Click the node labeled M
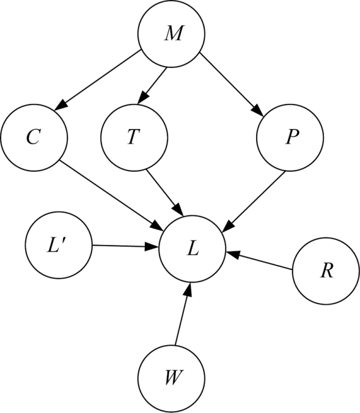(x=171, y=34)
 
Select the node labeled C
(x=34, y=137)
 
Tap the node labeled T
(x=134, y=137)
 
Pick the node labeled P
(x=290, y=137)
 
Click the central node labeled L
(x=192, y=249)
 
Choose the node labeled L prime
(x=59, y=245)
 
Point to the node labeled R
(x=326, y=271)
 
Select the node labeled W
(x=171, y=379)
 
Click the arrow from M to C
(x=97, y=80)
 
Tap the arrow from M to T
(x=152, y=86)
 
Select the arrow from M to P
(x=232, y=84)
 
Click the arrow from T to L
(x=165, y=192)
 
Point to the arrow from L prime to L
(x=125, y=246)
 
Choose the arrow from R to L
(x=259, y=261)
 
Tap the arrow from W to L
(x=183, y=314)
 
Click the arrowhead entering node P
(x=259, y=111)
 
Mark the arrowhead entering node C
(x=61, y=104)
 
